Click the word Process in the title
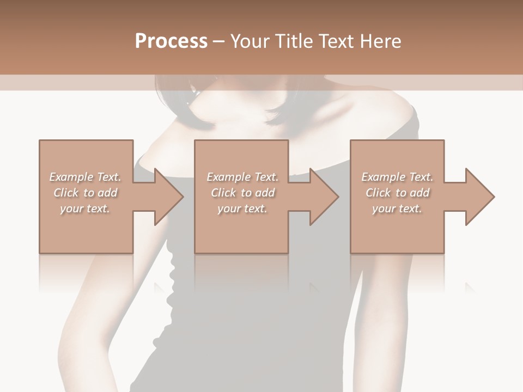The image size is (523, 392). click(171, 41)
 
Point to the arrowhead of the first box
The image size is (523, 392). click(169, 197)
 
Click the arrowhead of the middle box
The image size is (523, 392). click(324, 197)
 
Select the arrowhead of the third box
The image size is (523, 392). click(480, 197)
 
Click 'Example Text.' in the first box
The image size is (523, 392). click(85, 177)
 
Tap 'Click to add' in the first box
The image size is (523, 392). click(85, 193)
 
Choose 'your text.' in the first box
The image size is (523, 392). click(85, 209)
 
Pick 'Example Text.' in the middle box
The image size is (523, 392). click(242, 177)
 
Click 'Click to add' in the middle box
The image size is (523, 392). click(242, 193)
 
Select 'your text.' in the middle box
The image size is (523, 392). click(242, 209)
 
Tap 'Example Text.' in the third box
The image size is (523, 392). click(397, 177)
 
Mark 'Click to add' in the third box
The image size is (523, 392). click(397, 193)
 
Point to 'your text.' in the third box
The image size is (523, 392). click(397, 209)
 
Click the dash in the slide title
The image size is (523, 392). click(218, 41)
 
